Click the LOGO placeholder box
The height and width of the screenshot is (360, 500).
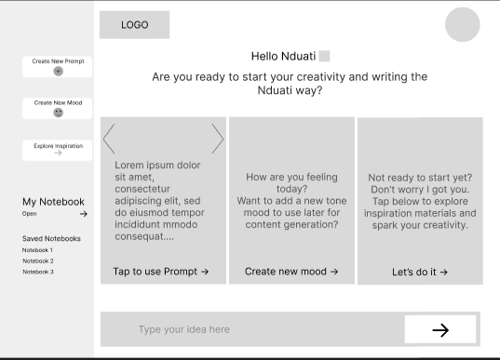pyautogui.click(x=135, y=25)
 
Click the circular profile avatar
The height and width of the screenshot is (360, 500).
pyautogui.click(x=463, y=24)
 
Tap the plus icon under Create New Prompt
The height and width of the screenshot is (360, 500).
pyautogui.click(x=58, y=71)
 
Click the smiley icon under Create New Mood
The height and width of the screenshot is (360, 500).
pyautogui.click(x=58, y=113)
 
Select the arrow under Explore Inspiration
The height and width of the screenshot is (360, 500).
pyautogui.click(x=58, y=153)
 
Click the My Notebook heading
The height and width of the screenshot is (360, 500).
pyautogui.click(x=53, y=202)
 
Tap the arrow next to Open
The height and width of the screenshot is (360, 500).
pyautogui.click(x=84, y=214)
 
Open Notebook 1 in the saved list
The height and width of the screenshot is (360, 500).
pyautogui.click(x=37, y=250)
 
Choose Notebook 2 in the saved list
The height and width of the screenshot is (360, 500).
pyautogui.click(x=38, y=260)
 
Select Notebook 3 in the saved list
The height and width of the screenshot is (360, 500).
pyautogui.click(x=38, y=272)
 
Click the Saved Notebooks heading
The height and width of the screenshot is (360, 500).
pyautogui.click(x=51, y=239)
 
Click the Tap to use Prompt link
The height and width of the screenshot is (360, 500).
pyautogui.click(x=161, y=272)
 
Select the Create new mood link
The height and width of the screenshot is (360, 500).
pyautogui.click(x=291, y=272)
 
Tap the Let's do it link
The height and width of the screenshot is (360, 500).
pyautogui.click(x=420, y=272)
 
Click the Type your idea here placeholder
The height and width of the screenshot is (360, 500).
pyautogui.click(x=184, y=329)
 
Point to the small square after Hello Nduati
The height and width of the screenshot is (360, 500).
pyautogui.click(x=325, y=56)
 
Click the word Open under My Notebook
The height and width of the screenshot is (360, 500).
pyautogui.click(x=30, y=214)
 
